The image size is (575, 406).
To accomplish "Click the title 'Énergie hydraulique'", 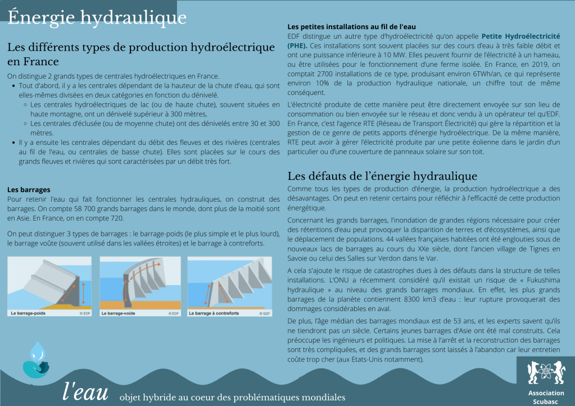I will pos(97,17).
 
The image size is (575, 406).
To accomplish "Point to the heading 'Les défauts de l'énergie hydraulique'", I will pos(382,176).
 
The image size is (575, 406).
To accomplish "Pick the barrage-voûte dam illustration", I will pos(140,283).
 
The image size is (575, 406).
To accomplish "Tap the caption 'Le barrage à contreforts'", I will pos(215,313).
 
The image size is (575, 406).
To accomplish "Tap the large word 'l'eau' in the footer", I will pos(85,392).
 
